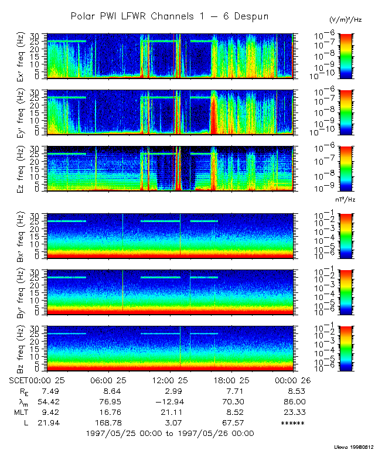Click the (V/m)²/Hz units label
[x=345, y=21]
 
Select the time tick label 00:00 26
[x=293, y=380]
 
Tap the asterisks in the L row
[x=293, y=423]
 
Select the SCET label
[x=18, y=380]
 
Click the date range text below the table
[x=170, y=433]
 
